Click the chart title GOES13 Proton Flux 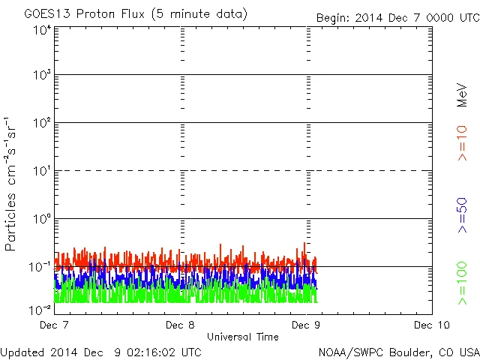click(135, 14)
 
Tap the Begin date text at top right click(397, 17)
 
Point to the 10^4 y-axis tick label click(42, 30)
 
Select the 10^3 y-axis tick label click(42, 75)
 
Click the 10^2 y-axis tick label click(42, 123)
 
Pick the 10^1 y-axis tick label click(42, 171)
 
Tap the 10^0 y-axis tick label click(42, 219)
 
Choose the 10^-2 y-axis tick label click(41, 309)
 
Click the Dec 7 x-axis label click(55, 325)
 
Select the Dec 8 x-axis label click(181, 325)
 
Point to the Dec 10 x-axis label click(431, 325)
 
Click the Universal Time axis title click(242, 337)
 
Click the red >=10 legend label click(462, 142)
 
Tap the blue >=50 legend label click(462, 214)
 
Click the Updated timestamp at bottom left click(100, 351)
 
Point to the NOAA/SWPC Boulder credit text click(398, 351)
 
